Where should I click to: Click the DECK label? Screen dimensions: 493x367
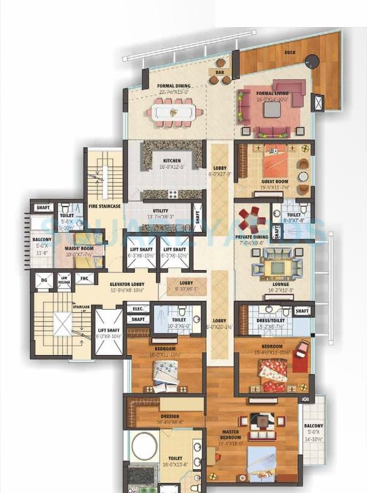(290, 53)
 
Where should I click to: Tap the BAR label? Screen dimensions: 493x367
(219, 72)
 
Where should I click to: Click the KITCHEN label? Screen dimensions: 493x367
(172, 161)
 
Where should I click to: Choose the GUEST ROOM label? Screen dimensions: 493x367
(275, 181)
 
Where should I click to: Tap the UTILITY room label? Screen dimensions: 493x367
(160, 211)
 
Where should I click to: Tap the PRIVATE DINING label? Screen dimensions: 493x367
(252, 237)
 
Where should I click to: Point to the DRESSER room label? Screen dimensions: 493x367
(170, 416)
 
